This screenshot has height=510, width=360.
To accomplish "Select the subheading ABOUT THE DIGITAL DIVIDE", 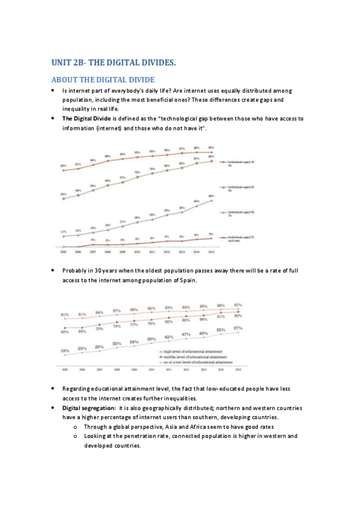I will coord(103,79).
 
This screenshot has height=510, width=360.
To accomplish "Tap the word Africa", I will coord(191,426).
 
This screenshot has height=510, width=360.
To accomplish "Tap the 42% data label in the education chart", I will coord(169,337).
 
